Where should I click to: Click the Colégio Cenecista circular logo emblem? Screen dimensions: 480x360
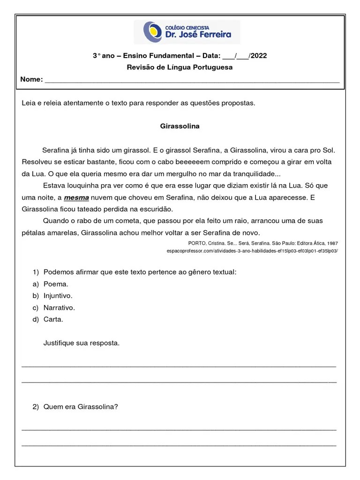click(150, 31)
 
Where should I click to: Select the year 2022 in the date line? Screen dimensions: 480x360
click(258, 56)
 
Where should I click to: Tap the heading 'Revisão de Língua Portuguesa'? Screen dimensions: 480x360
click(180, 67)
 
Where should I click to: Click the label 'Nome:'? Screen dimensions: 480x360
click(31, 79)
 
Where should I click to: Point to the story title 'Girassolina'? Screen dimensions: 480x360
click(180, 126)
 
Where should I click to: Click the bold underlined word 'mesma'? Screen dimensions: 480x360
click(76, 197)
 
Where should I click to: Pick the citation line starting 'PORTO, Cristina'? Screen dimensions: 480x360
click(262, 243)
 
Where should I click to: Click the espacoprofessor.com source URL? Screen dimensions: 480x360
click(252, 251)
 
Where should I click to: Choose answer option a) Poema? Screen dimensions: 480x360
click(56, 284)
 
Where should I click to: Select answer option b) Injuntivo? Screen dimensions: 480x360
click(58, 296)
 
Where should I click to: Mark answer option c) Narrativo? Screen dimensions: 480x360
click(59, 307)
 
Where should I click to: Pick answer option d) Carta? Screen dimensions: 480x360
click(53, 319)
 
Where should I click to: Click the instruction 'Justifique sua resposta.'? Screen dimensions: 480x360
click(82, 343)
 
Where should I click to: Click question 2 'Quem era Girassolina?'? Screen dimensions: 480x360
click(81, 406)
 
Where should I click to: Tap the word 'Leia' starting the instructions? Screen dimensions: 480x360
click(29, 103)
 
